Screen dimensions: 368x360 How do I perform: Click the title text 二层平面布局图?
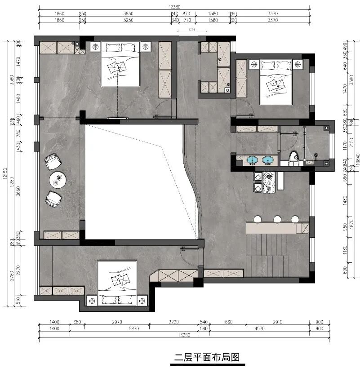tap(207, 357)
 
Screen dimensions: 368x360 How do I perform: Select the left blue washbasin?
tap(252, 160)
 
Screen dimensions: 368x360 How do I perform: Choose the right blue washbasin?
tap(269, 160)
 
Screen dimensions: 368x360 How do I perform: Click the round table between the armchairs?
tap(58, 180)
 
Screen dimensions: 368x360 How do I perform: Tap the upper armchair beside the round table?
tap(53, 161)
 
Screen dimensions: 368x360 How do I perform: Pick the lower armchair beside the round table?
tap(53, 199)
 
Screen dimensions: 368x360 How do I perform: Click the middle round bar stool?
tap(277, 219)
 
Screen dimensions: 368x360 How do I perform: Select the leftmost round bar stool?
tap(258, 219)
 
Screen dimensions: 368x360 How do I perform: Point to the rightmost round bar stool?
tap(295, 219)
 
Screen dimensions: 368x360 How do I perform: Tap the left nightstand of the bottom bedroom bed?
tap(93, 299)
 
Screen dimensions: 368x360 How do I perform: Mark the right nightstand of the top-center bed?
tap(147, 45)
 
